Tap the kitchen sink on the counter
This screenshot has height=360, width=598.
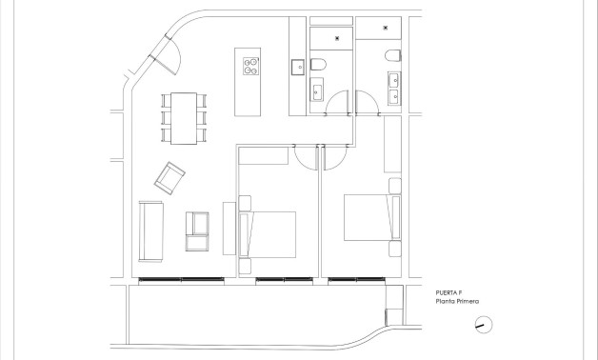point(297,66)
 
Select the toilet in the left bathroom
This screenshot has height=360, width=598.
point(320,66)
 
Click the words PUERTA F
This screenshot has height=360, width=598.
point(449,293)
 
